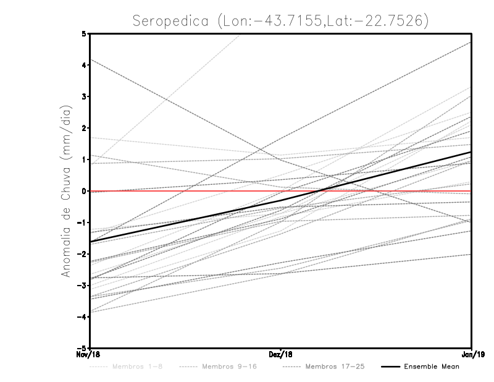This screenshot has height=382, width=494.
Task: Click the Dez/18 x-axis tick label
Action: [281, 354]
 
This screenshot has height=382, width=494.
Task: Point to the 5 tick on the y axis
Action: [84, 33]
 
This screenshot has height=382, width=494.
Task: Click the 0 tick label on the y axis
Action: [84, 191]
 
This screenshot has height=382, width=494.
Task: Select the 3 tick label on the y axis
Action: [84, 96]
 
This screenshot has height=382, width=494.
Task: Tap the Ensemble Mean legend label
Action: [431, 367]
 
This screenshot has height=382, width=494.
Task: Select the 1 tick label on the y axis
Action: [84, 159]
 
